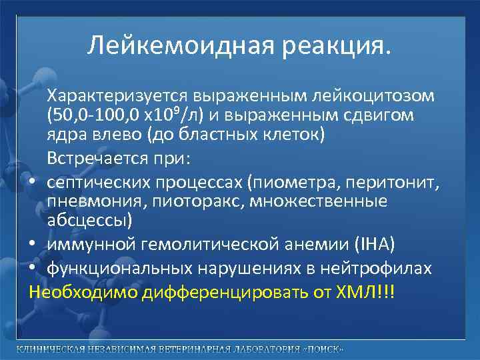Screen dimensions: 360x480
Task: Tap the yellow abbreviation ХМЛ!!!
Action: point(367,293)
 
